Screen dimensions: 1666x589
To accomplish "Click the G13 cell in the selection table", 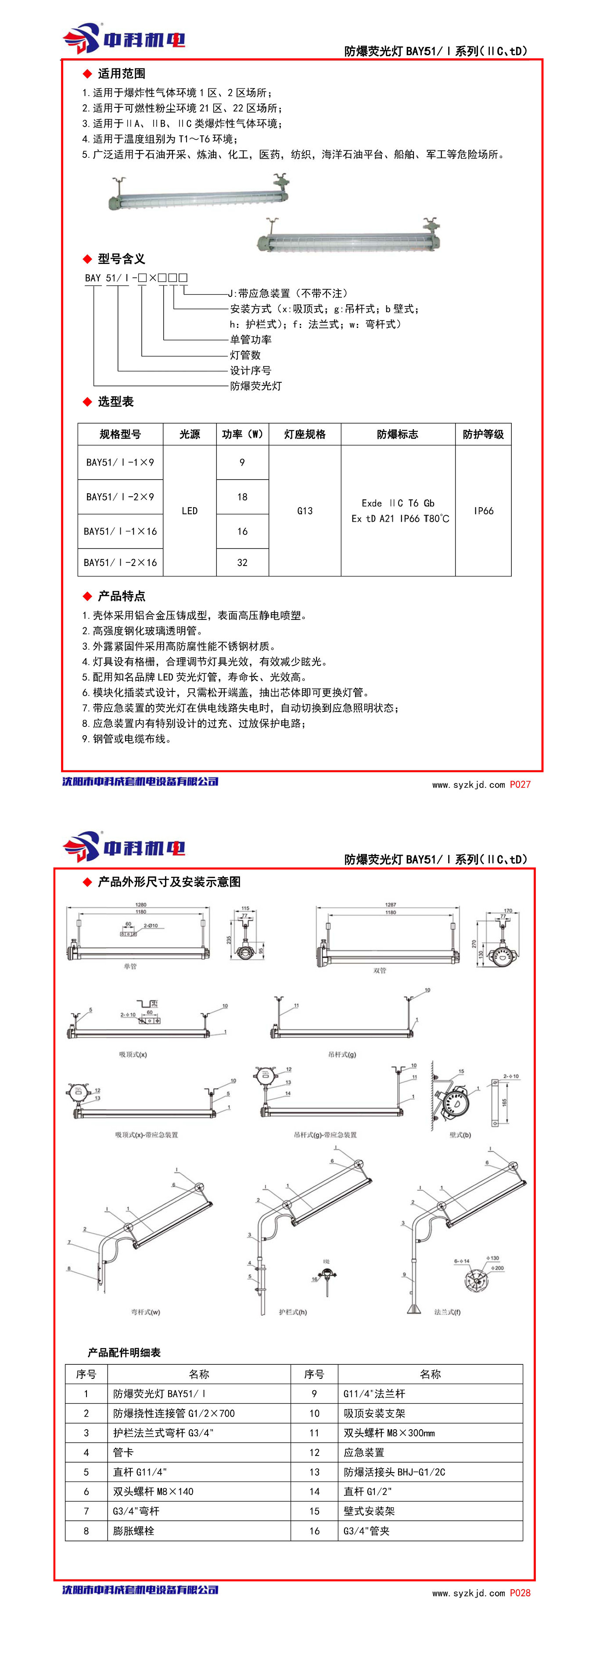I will point(305,511).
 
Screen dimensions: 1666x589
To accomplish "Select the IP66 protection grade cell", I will point(484,511).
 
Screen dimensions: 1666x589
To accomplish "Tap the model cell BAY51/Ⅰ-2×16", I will point(120,562).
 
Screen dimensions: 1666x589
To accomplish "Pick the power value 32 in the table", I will point(242,562).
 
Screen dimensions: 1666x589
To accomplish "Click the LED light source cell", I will point(190,511).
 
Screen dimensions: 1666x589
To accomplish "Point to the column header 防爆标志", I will point(397,434).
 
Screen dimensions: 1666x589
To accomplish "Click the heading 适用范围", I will point(121,74).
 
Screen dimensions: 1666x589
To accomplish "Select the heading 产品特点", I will point(121,596).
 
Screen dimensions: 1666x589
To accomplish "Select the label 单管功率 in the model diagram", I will point(251,339).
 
